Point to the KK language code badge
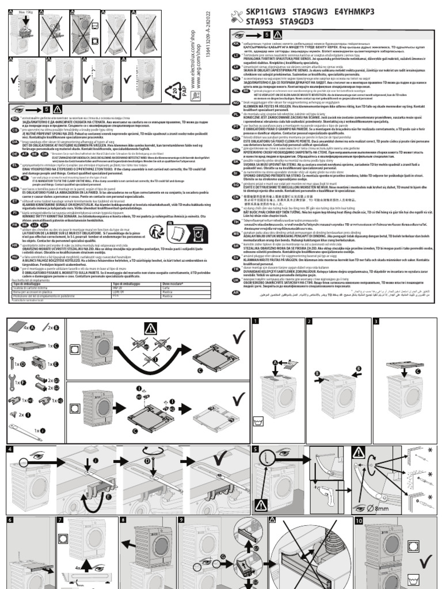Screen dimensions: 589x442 click(x=236, y=43)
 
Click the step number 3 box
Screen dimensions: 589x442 click(x=376, y=322)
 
